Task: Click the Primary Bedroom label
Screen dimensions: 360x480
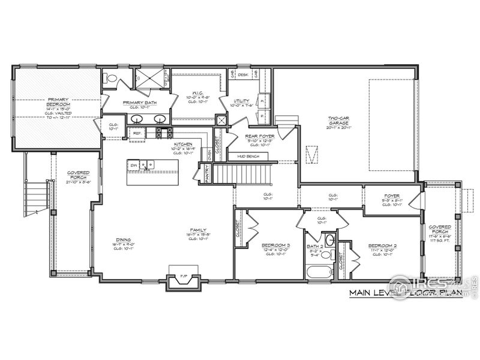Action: point(59,102)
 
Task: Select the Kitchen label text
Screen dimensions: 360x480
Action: point(182,145)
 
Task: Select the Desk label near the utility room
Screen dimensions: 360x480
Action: point(242,74)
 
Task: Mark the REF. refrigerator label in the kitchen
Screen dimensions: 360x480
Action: point(137,133)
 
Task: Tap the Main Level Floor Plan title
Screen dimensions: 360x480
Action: point(406,293)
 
